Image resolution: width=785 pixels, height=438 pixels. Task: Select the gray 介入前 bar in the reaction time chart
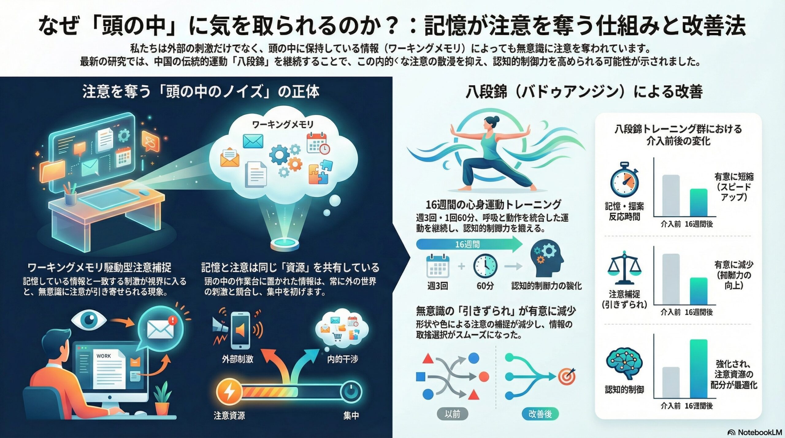[x=671, y=196]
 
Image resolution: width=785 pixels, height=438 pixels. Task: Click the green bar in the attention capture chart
[x=699, y=291]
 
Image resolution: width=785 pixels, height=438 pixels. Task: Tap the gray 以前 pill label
[x=452, y=414]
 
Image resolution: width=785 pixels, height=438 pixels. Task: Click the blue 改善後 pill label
[x=540, y=414]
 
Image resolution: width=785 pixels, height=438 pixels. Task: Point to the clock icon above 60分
[x=485, y=266]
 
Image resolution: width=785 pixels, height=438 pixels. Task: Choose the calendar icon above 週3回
[x=438, y=266]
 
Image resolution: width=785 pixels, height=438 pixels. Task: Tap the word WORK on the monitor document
[x=104, y=356]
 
